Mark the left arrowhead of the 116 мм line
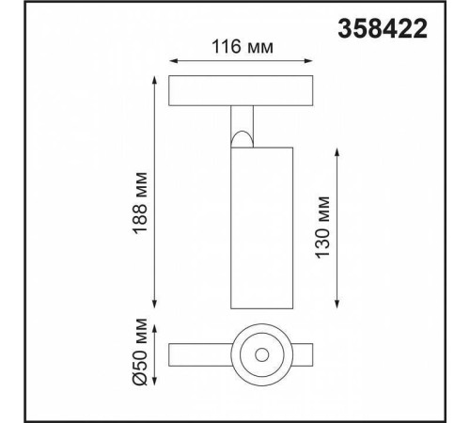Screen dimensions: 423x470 coord(170,58)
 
